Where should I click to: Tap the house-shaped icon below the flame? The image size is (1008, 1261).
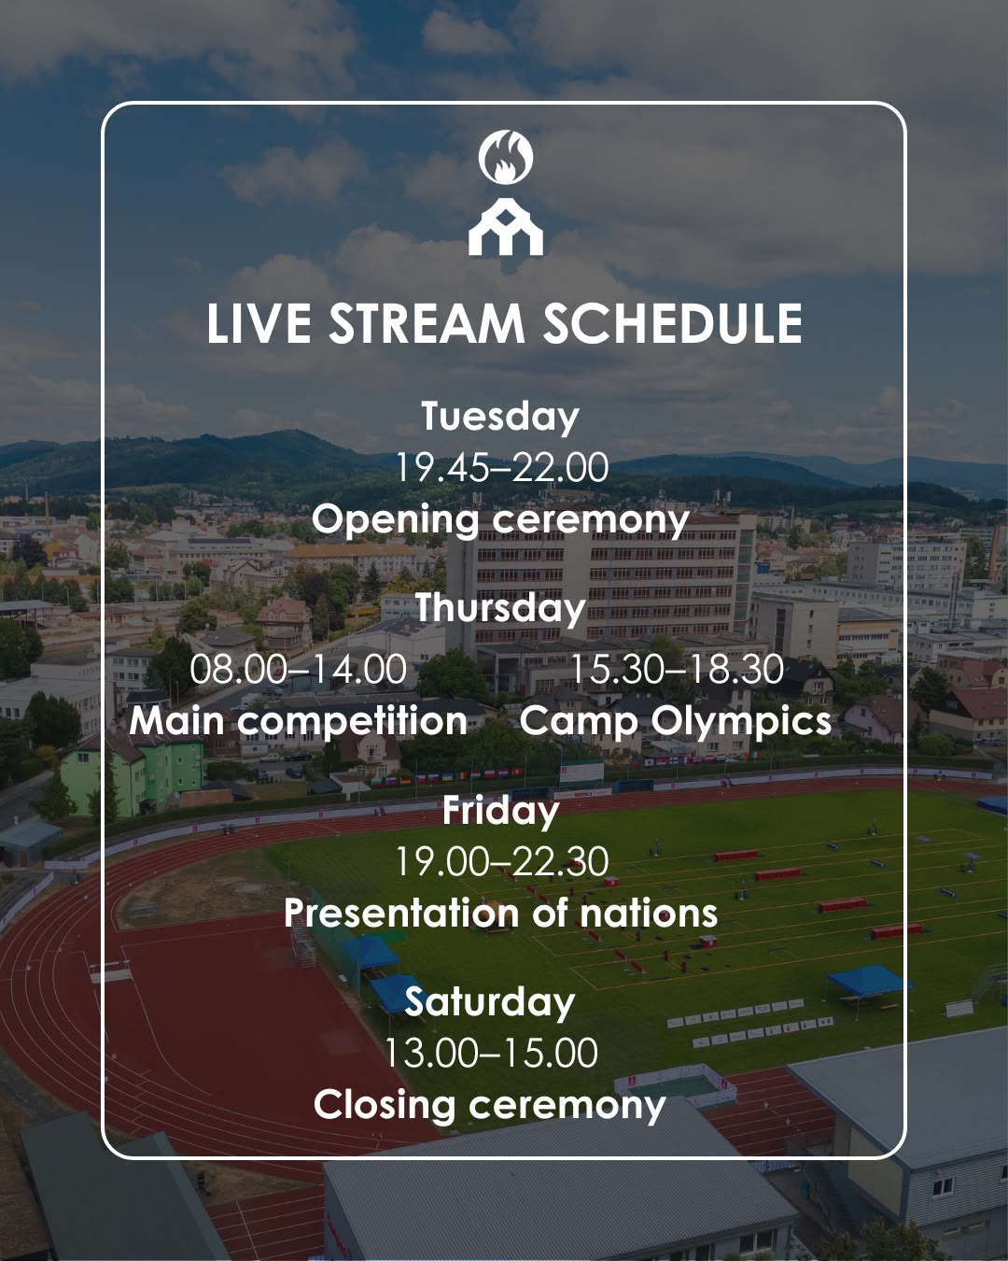[506, 226]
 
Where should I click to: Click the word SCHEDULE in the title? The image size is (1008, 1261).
[672, 323]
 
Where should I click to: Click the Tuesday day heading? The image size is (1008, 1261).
[500, 417]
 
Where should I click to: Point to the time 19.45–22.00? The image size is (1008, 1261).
[502, 468]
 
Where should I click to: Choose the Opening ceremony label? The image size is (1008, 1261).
[500, 520]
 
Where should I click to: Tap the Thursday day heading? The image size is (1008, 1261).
[501, 608]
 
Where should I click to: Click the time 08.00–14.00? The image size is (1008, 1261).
[298, 669]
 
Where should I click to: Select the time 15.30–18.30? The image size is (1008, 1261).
[677, 669]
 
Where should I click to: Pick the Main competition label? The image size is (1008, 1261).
[298, 721]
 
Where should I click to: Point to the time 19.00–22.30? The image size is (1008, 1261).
[502, 862]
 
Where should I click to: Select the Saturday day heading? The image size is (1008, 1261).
[490, 1002]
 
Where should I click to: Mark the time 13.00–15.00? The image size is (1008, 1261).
[491, 1053]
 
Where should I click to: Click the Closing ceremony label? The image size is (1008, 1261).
[490, 1105]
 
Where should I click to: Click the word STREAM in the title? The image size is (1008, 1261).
[427, 323]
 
